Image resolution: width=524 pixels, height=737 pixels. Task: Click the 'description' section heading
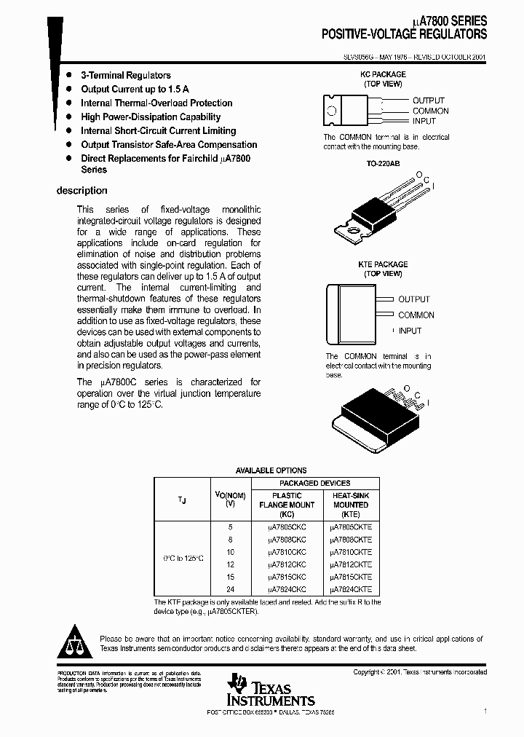click(82, 191)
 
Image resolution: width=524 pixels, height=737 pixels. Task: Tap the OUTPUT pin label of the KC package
click(429, 100)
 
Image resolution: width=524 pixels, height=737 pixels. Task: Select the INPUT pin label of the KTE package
click(410, 331)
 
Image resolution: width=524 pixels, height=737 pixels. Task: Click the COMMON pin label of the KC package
click(431, 111)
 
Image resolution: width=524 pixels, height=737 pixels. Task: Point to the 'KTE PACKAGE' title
click(383, 264)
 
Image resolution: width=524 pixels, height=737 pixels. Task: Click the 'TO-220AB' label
click(383, 165)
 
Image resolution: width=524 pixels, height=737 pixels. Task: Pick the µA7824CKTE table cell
click(351, 588)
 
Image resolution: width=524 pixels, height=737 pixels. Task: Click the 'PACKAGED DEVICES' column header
click(315, 483)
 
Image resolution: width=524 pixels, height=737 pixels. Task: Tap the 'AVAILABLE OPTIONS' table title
click(271, 470)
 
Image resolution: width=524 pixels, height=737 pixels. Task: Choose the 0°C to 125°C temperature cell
click(182, 558)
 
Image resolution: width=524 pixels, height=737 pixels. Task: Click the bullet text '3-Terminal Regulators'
click(125, 75)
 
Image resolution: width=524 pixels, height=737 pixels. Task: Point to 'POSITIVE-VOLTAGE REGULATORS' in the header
click(405, 34)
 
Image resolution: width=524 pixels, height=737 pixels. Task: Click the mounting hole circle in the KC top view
click(332, 111)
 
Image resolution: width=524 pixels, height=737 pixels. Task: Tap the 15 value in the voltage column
click(230, 576)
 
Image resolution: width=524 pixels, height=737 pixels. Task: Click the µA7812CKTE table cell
click(351, 564)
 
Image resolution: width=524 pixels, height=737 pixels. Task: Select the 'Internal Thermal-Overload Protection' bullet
click(156, 103)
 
